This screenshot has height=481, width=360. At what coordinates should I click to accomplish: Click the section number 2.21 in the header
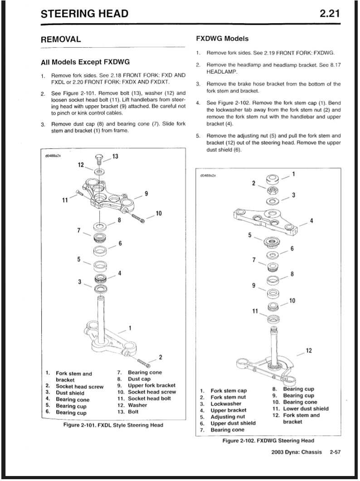coord(330,14)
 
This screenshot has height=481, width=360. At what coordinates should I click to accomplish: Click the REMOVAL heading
coord(61,39)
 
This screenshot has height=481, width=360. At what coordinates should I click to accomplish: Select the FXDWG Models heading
coord(222,39)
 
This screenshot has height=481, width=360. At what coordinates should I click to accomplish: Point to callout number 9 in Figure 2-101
coord(146,194)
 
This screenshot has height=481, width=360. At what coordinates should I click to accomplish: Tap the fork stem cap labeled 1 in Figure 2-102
coord(272,178)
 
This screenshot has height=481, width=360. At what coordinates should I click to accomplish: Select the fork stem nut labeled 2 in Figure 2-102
coord(273,190)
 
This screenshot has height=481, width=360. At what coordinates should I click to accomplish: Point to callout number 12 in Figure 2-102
coord(309,350)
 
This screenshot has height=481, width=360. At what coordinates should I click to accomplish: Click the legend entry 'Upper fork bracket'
coord(151,385)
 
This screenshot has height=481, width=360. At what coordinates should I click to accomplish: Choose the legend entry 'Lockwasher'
coord(226,403)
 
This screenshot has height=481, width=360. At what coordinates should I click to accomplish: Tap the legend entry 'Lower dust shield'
coord(306,408)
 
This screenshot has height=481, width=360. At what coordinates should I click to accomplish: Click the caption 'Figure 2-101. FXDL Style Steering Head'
coord(113,425)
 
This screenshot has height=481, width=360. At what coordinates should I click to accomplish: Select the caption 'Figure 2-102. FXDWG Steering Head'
coord(268,441)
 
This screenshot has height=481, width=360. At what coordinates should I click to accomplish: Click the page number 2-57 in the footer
coord(335,452)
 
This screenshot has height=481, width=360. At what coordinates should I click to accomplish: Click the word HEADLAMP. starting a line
coord(222,72)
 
